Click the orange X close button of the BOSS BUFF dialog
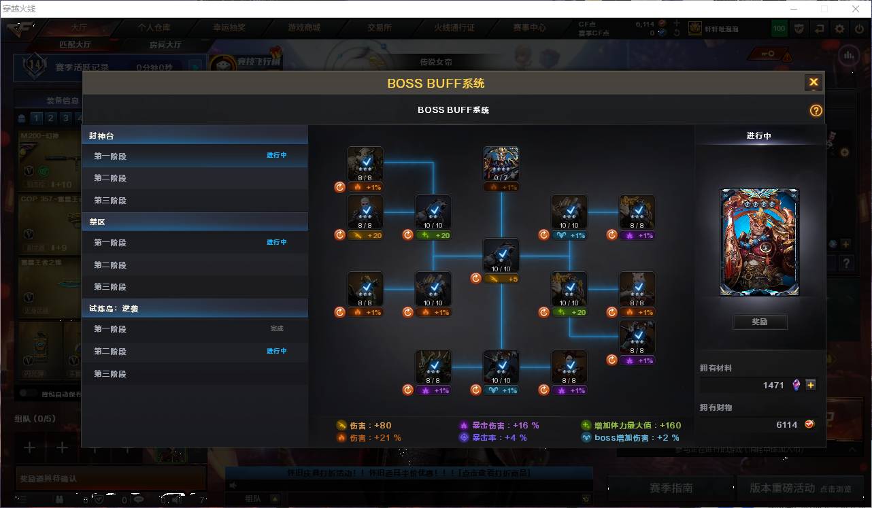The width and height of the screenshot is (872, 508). [x=813, y=83]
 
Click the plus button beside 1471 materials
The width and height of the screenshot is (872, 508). [x=811, y=385]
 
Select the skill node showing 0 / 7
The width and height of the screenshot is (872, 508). [x=501, y=164]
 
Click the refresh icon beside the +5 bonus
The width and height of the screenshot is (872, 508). [x=476, y=278]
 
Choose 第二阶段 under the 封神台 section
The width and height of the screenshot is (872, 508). [x=110, y=178]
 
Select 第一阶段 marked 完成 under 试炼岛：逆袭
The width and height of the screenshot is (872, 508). [x=110, y=329]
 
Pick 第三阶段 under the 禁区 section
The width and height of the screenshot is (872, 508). [x=110, y=287]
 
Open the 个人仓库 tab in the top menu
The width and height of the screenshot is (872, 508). [x=154, y=28]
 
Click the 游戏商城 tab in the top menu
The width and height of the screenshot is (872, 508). [x=304, y=28]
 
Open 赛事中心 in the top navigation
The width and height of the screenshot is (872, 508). [x=529, y=28]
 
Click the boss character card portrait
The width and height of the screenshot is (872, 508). [x=760, y=242]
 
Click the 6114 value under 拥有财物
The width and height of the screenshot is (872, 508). [x=786, y=424]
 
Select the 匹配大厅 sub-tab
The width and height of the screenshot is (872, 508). [x=75, y=45]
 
